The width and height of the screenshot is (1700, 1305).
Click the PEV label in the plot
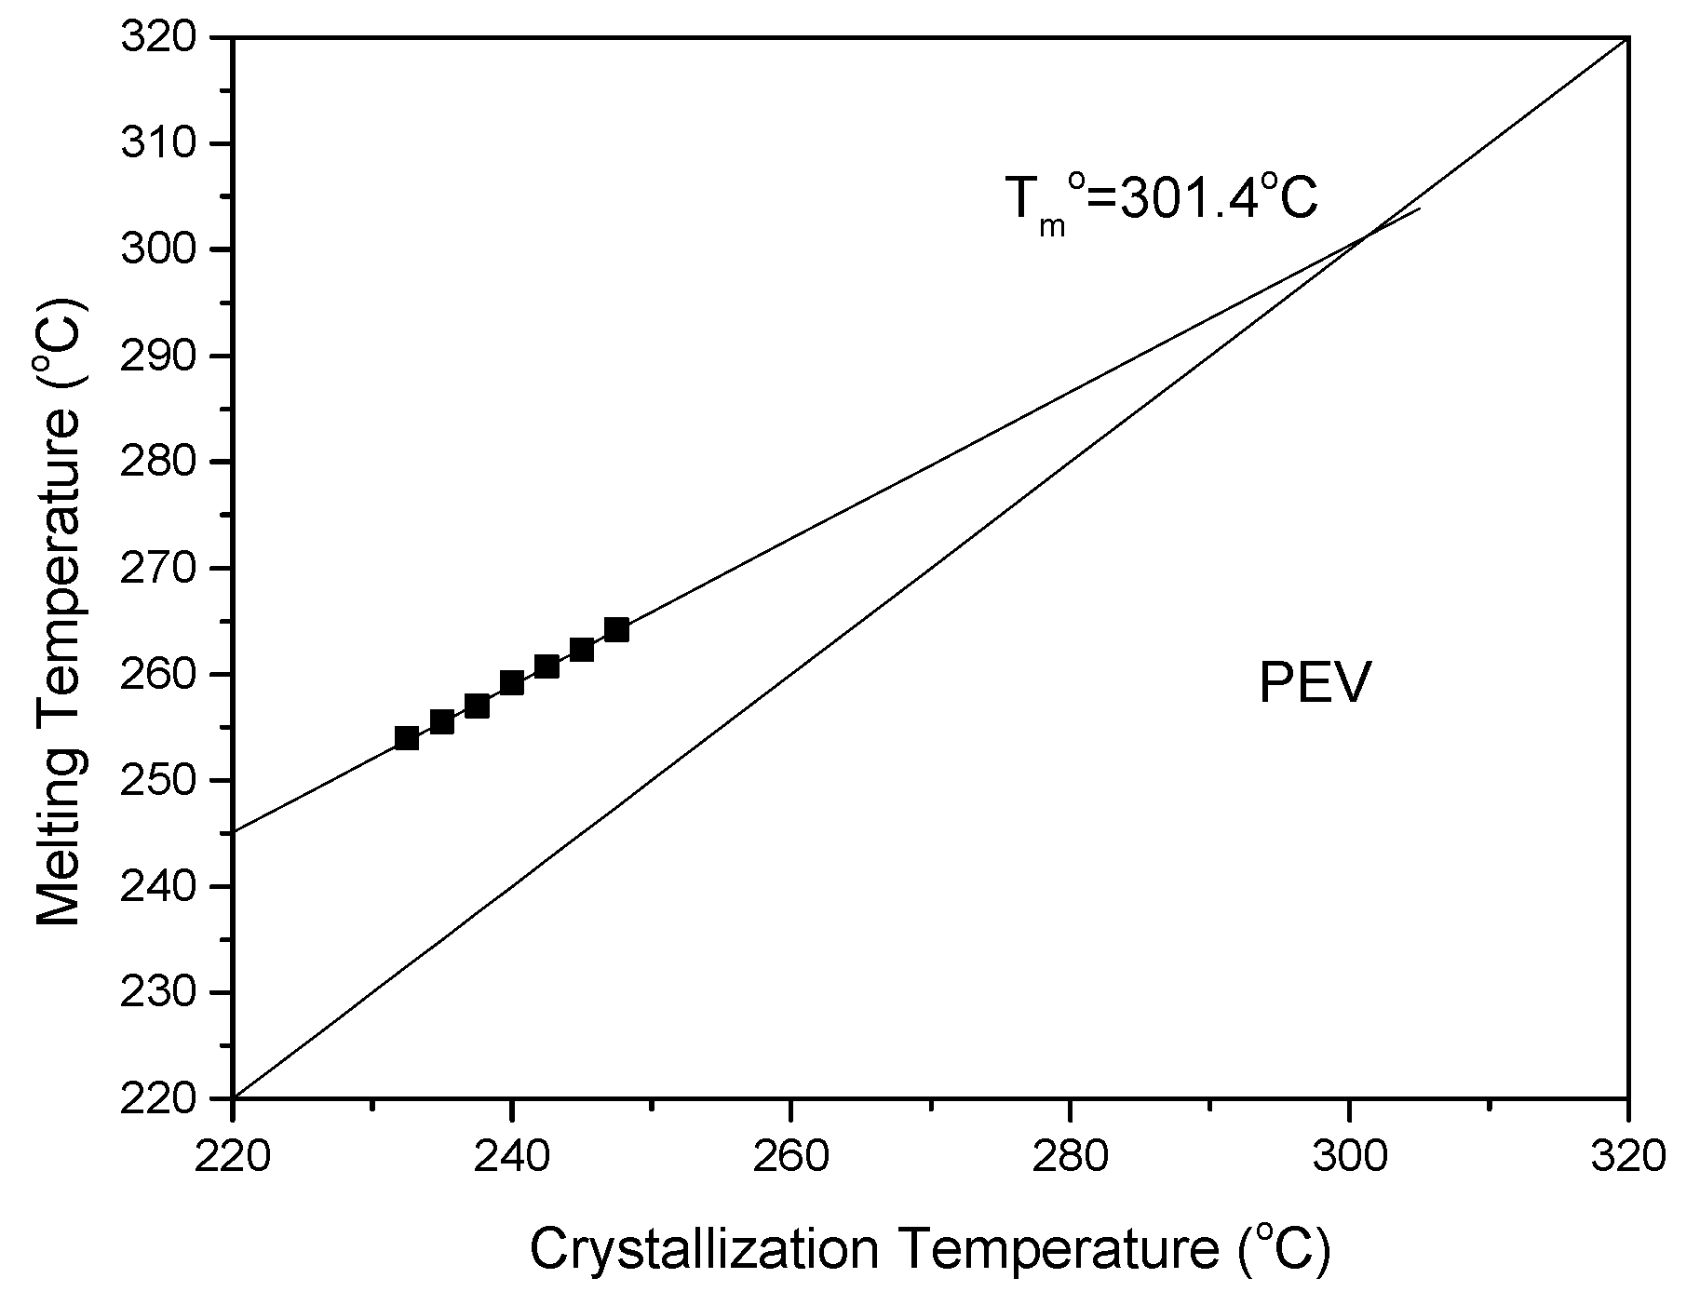click(1314, 685)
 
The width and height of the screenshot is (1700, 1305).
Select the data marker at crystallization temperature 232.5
click(407, 738)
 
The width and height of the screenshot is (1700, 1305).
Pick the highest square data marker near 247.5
click(616, 630)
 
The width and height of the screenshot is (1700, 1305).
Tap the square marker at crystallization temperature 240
click(512, 683)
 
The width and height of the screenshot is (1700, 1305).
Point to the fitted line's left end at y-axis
click(235, 831)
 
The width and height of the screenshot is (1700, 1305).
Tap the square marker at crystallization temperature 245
click(582, 650)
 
